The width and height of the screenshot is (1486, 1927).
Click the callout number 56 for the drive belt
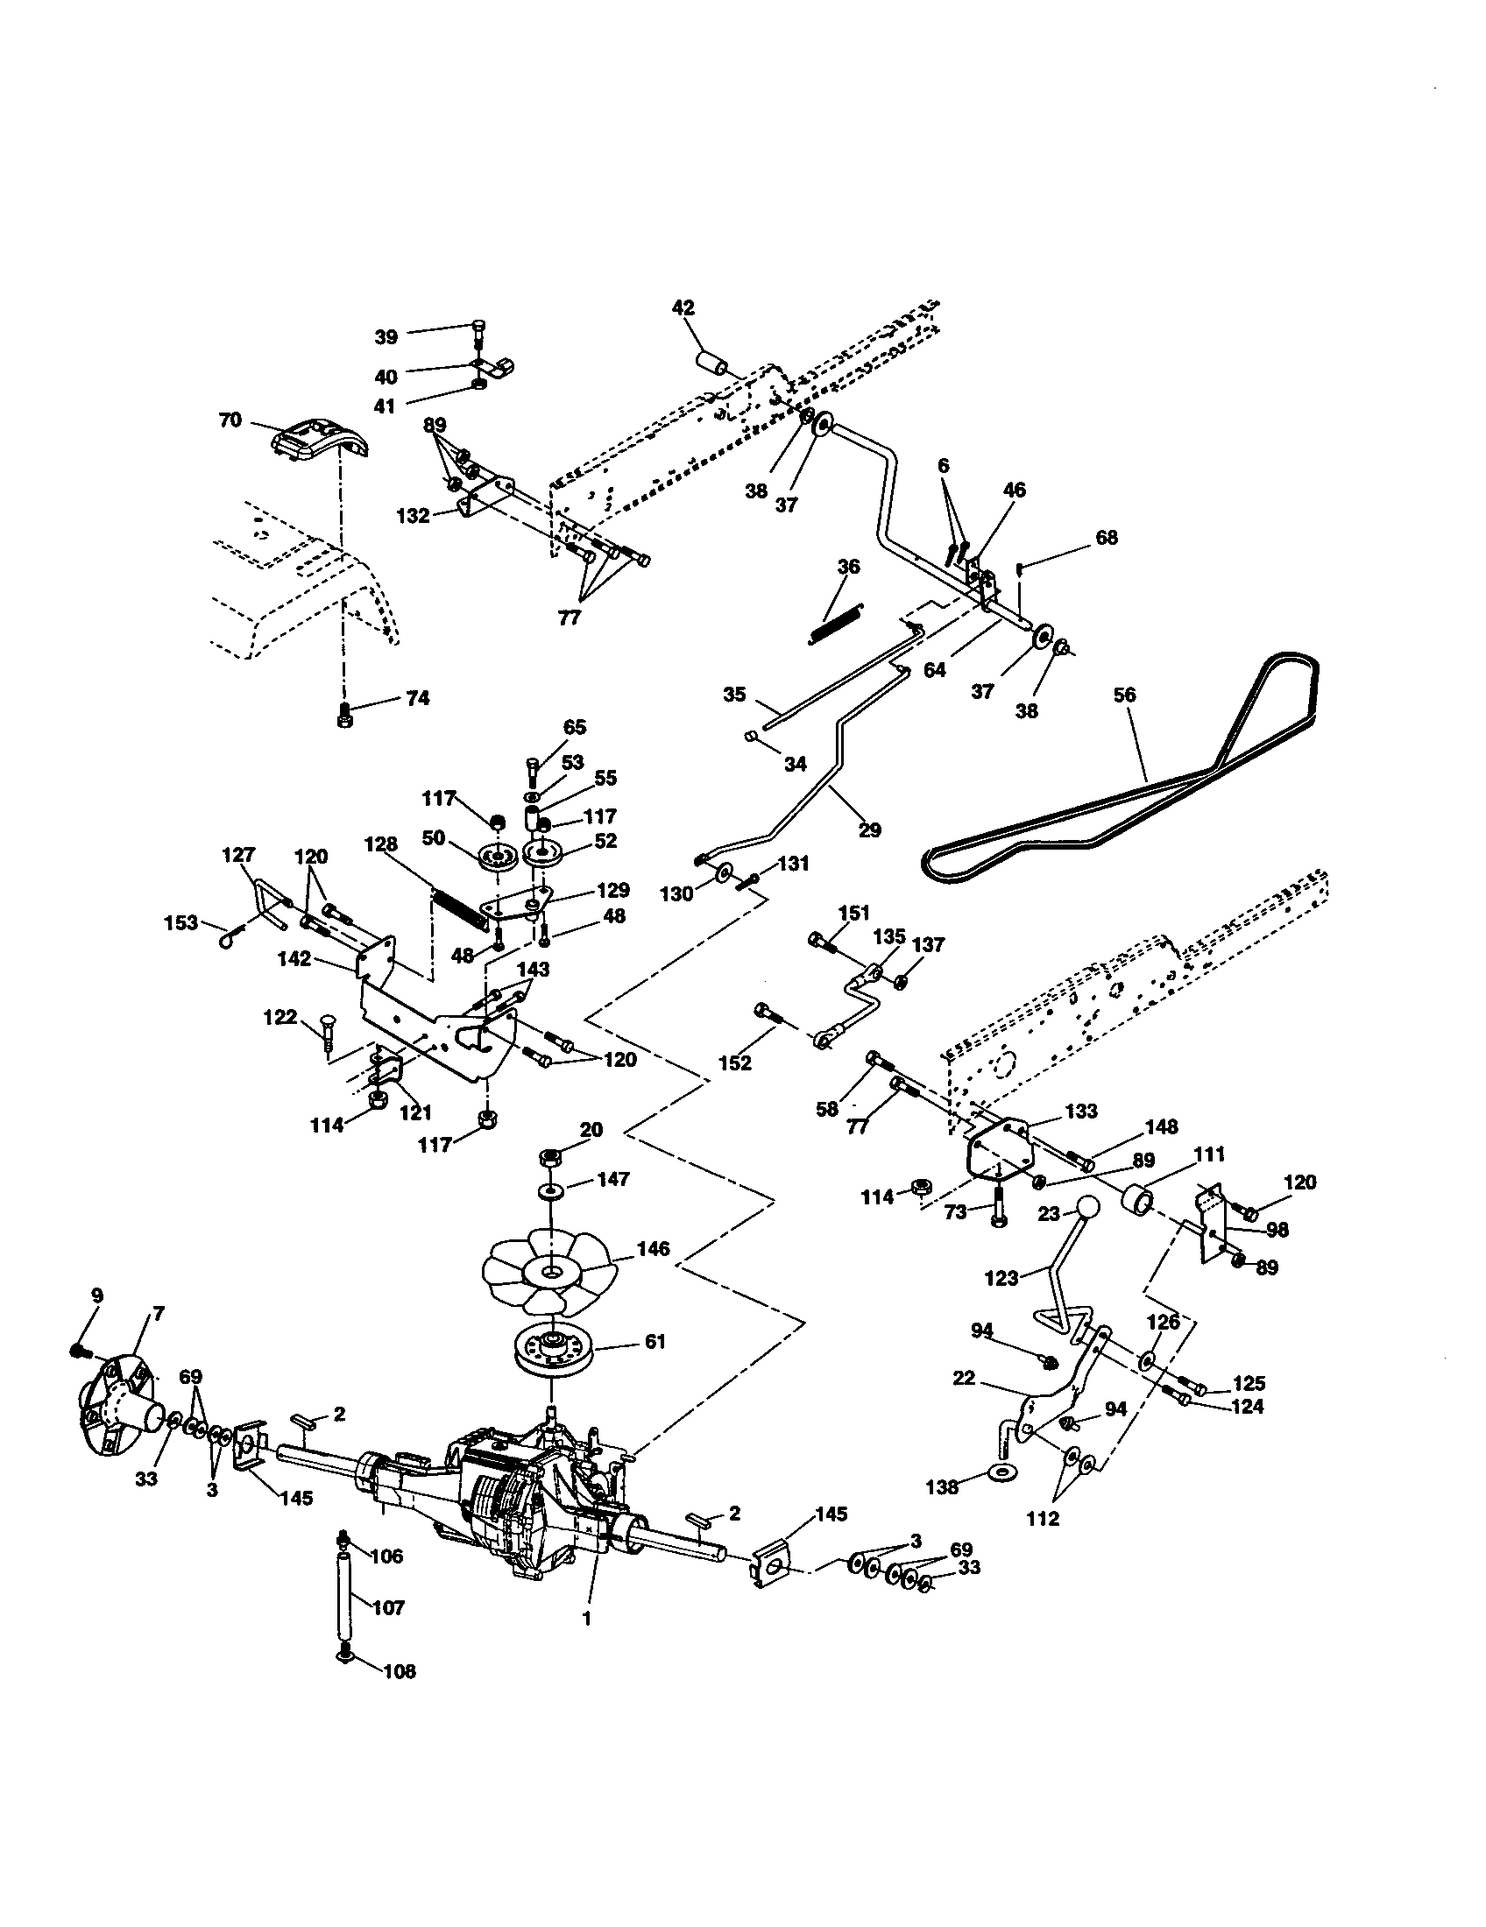coord(1124,695)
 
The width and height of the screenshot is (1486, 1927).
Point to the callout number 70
coord(230,420)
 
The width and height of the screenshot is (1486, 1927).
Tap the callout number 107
coord(388,1607)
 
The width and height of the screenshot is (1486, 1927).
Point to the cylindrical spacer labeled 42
coord(713,364)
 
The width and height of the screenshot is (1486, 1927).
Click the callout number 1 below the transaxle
coord(586,1619)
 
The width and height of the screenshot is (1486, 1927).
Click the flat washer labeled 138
coord(1002,1471)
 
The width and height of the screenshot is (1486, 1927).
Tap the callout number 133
coord(1081,1111)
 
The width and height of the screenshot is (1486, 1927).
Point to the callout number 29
coord(869,829)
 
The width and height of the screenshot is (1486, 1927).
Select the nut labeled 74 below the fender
coord(345,716)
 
